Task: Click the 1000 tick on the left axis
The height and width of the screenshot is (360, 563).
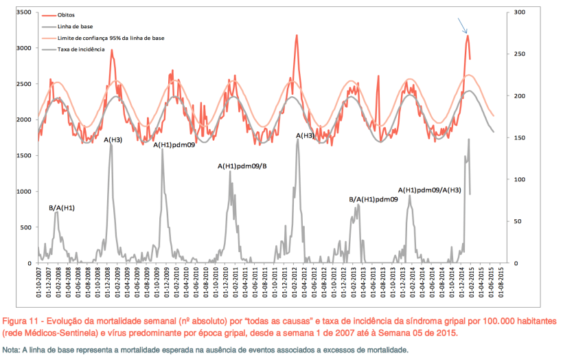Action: [x=23, y=191]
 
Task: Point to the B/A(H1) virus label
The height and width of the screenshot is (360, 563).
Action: [x=62, y=207]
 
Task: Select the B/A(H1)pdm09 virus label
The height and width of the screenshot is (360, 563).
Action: [x=374, y=199]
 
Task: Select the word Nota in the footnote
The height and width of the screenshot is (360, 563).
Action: [x=10, y=350]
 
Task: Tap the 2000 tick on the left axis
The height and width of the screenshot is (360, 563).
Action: [x=23, y=120]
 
